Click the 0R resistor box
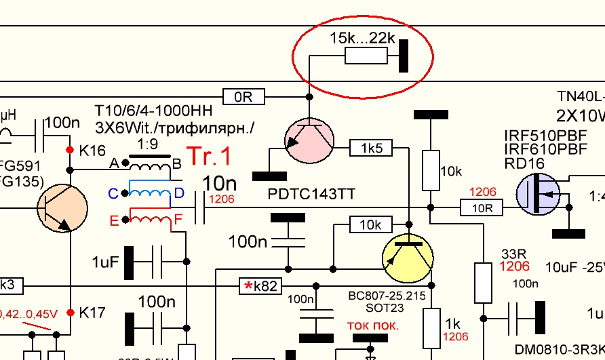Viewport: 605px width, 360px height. tap(243, 97)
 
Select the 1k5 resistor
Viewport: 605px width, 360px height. tap(367, 146)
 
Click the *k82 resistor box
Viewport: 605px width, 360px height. tap(259, 286)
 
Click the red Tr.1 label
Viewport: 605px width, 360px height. tap(208, 156)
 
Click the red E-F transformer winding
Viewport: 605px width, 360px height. tap(151, 219)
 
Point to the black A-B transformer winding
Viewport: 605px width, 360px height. tap(150, 164)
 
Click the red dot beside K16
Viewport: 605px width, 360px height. tap(69, 149)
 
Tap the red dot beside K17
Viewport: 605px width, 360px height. tap(69, 313)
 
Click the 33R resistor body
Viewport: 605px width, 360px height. tap(482, 283)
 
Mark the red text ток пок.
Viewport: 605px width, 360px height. tap(372, 325)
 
